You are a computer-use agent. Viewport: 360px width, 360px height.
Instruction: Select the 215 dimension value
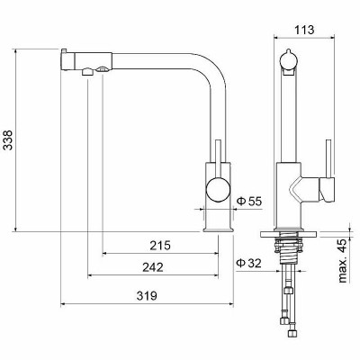click(x=160, y=244)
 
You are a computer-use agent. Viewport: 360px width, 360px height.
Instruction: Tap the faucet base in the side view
click(x=217, y=220)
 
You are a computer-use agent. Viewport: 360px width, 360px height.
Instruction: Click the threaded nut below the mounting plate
click(x=289, y=242)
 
